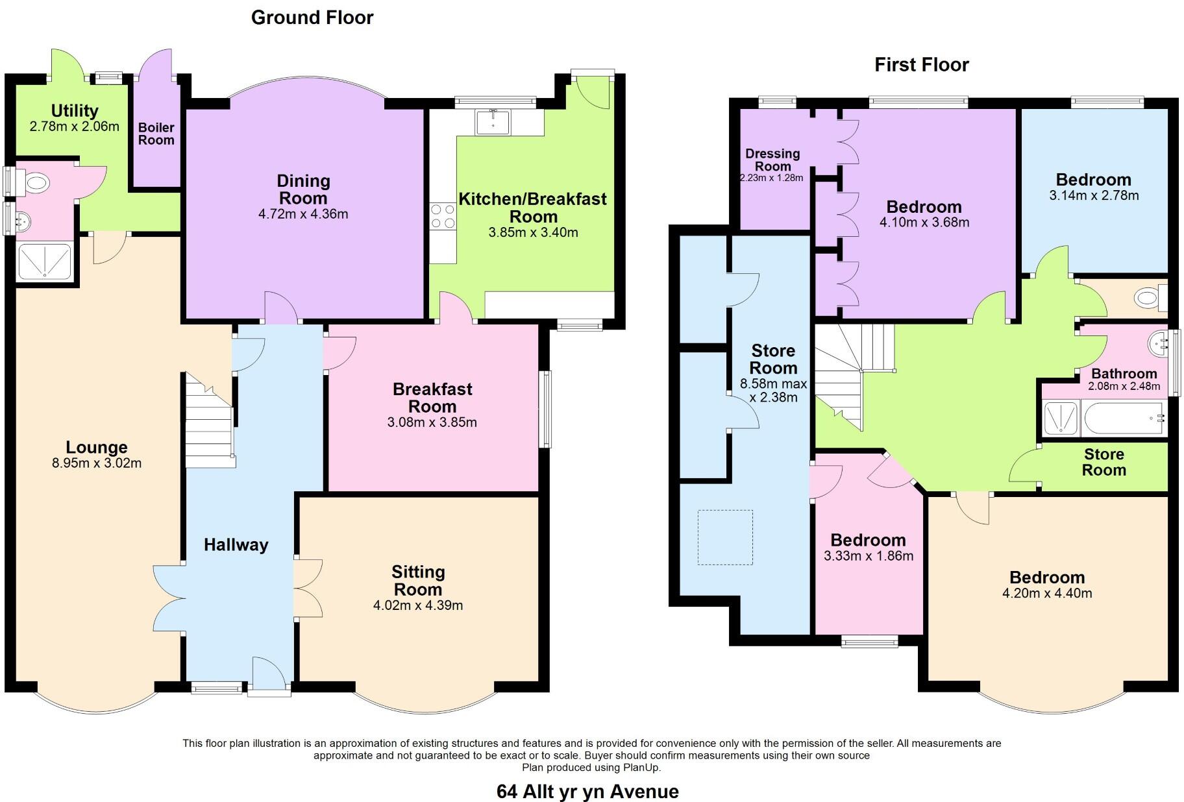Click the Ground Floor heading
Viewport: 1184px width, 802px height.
coord(312,18)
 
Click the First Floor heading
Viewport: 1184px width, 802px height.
coord(921,65)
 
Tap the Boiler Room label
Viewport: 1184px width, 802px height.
coord(156,134)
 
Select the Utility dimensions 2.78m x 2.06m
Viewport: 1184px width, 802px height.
coord(75,127)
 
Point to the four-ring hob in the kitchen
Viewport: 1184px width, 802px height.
coord(442,216)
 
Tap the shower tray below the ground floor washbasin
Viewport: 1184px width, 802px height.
coord(44,261)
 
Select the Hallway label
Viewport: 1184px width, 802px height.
coord(236,545)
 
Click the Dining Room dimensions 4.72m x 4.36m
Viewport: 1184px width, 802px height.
coord(303,214)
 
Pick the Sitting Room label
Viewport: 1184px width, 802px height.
coord(418,581)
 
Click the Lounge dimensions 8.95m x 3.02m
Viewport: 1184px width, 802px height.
coord(97,463)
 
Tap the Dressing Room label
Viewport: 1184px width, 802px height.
coord(772,160)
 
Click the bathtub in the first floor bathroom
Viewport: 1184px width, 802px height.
coord(1122,419)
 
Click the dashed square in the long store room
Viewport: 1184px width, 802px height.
coord(725,537)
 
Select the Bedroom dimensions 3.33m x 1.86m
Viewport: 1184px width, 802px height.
coord(869,556)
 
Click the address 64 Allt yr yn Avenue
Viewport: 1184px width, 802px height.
coord(587,792)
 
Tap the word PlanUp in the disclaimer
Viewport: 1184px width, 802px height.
coord(642,768)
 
